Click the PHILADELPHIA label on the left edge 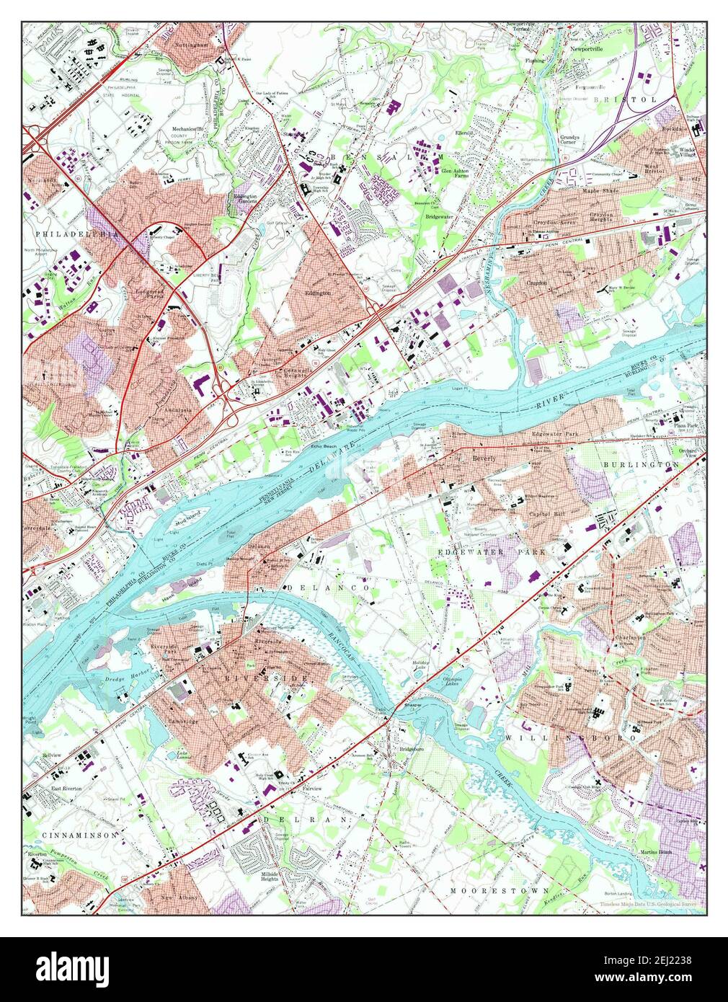tap(69, 234)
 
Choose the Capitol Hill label tap(549, 514)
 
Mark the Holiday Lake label tap(420, 666)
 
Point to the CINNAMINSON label tap(68, 834)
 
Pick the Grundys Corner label tap(577, 140)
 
